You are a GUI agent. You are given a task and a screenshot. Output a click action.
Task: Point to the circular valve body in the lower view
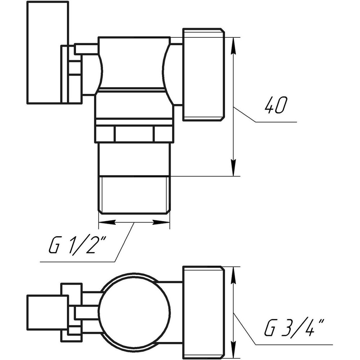point(134,311)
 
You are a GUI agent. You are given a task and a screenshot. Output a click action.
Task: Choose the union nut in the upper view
point(203,74)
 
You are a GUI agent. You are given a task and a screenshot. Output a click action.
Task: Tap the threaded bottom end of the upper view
point(134,194)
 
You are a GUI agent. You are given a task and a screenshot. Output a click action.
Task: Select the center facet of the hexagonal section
point(134,134)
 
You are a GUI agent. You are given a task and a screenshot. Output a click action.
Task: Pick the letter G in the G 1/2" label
point(54,247)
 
